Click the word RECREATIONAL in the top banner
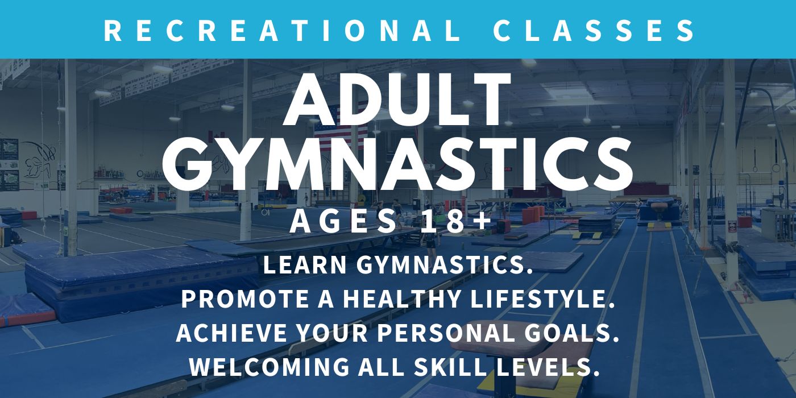point(282,31)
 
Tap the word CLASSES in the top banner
point(594,31)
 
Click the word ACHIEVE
point(231,333)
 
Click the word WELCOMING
point(269,367)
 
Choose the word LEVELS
point(548,367)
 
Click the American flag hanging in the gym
point(341,126)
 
